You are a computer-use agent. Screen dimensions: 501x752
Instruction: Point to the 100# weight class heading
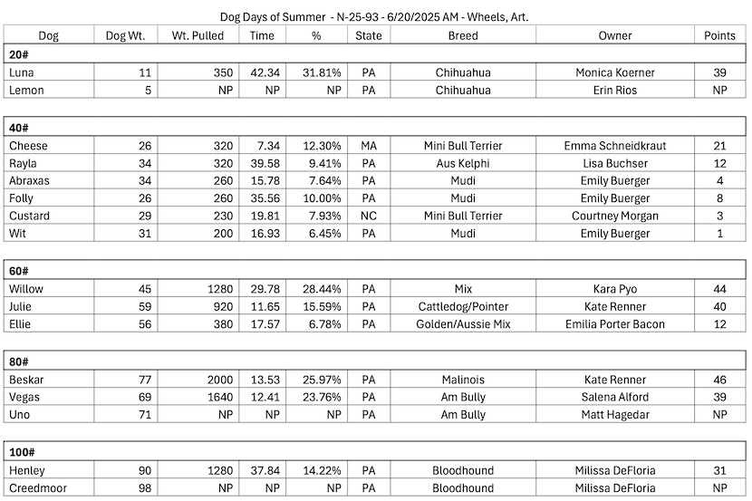[23, 452]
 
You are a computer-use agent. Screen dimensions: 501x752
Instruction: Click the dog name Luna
[22, 72]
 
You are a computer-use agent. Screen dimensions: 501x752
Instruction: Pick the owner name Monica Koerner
[614, 72]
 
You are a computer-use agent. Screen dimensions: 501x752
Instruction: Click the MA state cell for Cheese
[368, 146]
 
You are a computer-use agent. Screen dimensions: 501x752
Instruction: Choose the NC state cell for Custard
[368, 216]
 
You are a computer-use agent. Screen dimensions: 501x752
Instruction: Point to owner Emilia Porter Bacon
[614, 324]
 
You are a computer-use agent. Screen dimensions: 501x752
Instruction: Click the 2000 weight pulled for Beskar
[218, 380]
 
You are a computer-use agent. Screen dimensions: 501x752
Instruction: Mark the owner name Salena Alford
[614, 397]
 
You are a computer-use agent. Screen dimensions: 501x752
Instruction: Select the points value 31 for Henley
[720, 470]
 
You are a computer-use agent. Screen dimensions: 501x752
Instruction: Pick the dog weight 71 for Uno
[144, 415]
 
